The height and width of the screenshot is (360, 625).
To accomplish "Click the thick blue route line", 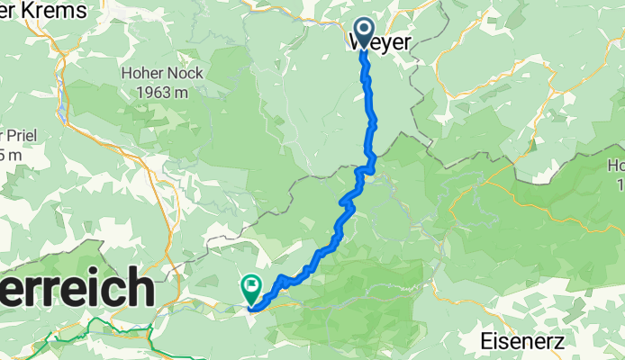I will [370, 126].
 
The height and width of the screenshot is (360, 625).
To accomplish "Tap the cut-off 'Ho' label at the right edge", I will [616, 166].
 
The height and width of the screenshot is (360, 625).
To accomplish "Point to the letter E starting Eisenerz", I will [487, 341].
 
